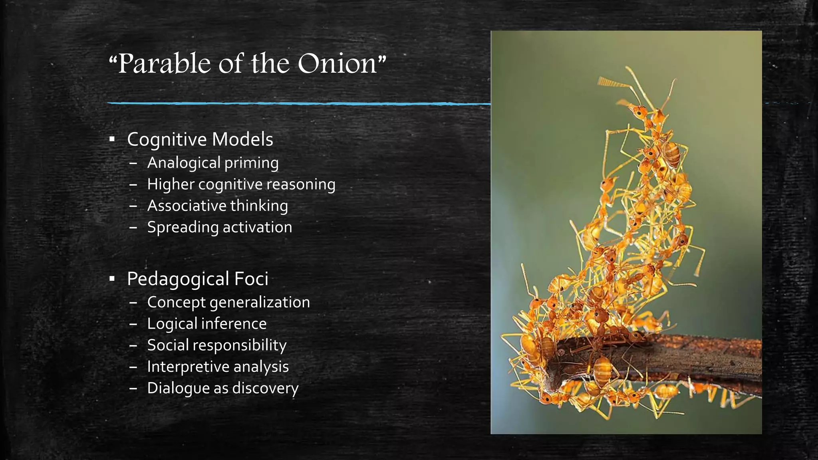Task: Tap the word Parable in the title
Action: click(x=164, y=64)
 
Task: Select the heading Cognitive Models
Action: click(x=200, y=139)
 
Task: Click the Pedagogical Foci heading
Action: click(x=197, y=279)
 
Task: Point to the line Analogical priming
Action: click(x=213, y=163)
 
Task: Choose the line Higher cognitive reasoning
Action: click(x=241, y=184)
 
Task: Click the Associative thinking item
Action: click(x=218, y=206)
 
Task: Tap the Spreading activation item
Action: click(x=220, y=227)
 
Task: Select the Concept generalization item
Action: click(x=228, y=302)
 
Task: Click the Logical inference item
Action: click(x=207, y=324)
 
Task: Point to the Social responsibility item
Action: click(x=217, y=345)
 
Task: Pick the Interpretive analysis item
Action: click(x=218, y=367)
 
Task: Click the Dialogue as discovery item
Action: click(x=223, y=388)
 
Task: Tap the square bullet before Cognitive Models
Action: click(x=112, y=139)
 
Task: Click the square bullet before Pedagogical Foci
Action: click(x=112, y=279)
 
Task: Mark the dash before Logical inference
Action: click(x=133, y=324)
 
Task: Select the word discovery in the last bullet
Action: click(x=265, y=388)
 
